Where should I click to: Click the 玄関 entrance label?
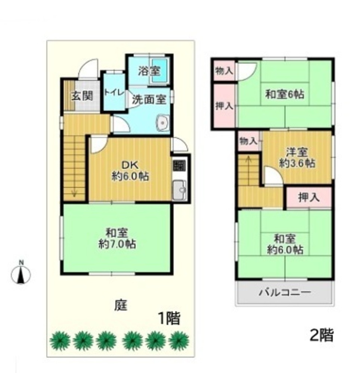[x=83, y=96]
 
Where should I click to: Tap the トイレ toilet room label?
[x=114, y=93]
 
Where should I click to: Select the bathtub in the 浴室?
[x=159, y=70]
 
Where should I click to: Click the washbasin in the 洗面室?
[x=162, y=123]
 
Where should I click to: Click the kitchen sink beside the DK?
[x=180, y=190]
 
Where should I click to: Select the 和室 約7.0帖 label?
[x=117, y=238]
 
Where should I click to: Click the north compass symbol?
[x=21, y=273]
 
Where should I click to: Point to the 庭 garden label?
[x=121, y=305]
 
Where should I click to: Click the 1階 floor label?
[x=169, y=318]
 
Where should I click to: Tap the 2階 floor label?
[x=322, y=335]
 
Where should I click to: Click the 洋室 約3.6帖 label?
[x=297, y=157]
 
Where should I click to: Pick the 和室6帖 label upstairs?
[x=285, y=94]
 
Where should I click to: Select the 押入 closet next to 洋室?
[x=309, y=197]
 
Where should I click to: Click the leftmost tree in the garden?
[x=60, y=341]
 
